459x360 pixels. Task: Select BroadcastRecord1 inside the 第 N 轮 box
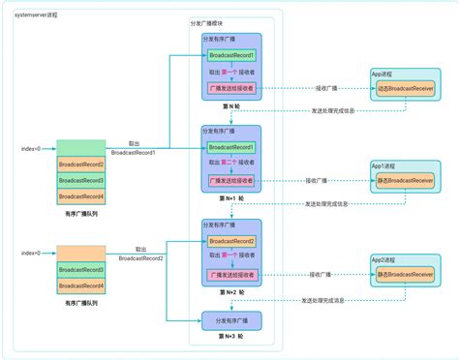pyautogui.click(x=230, y=57)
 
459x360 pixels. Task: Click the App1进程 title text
pyautogui.click(x=382, y=165)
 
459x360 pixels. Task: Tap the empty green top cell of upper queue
pyautogui.click(x=80, y=148)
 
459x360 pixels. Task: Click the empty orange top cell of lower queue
pyautogui.click(x=80, y=253)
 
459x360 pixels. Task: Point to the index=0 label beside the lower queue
pyautogui.click(x=32, y=253)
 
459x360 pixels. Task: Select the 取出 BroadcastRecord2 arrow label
pyautogui.click(x=141, y=254)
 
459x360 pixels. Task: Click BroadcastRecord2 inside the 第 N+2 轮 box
pyautogui.click(x=230, y=241)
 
